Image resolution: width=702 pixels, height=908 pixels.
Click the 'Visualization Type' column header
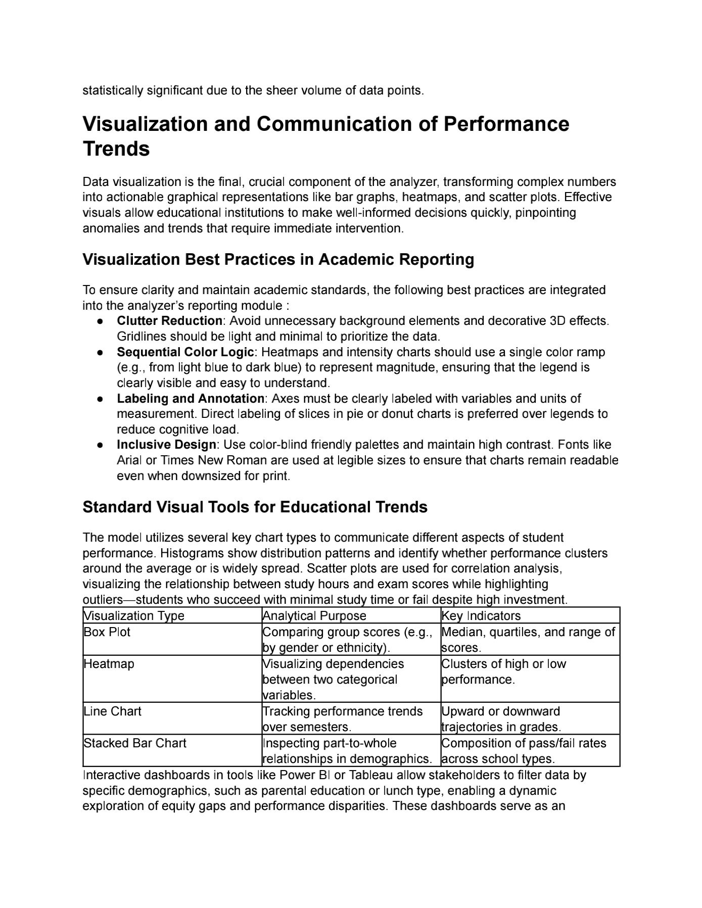click(134, 615)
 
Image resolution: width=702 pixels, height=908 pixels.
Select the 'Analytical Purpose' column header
click(314, 615)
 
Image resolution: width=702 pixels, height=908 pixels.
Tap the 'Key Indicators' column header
click(481, 615)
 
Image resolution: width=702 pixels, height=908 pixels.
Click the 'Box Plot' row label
click(107, 632)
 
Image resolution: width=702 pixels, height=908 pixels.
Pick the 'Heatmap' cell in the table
click(109, 664)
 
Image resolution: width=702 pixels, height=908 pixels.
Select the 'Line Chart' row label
click(112, 711)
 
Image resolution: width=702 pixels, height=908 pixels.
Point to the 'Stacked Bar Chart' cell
click(135, 743)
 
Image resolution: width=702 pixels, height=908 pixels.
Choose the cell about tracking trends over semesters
click(343, 719)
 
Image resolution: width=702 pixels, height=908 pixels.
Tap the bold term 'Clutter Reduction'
click(169, 321)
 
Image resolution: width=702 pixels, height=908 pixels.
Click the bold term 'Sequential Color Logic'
click(185, 352)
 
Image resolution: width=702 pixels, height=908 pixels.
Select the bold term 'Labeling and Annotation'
click(191, 398)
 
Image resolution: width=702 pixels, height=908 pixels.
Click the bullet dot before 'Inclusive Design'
click(101, 445)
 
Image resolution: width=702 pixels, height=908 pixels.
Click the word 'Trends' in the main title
click(116, 149)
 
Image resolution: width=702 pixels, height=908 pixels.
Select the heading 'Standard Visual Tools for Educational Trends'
click(255, 507)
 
